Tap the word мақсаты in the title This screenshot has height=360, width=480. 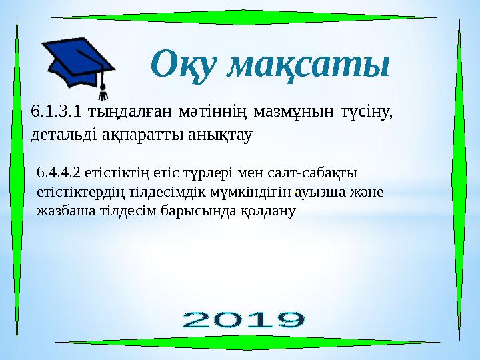(x=307, y=65)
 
